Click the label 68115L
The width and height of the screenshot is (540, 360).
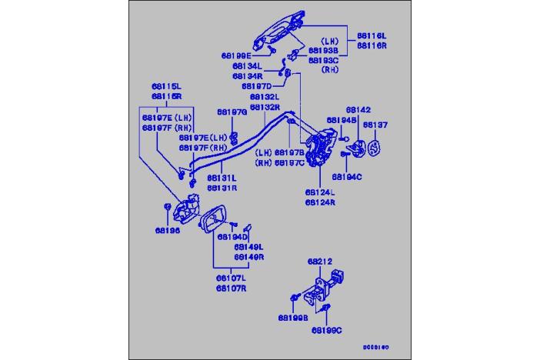coord(166,87)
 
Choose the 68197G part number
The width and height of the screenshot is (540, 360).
coord(232,112)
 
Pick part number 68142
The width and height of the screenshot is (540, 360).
coord(358,110)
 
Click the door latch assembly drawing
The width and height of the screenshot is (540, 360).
coord(321,147)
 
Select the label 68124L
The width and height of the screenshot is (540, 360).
coord(320,192)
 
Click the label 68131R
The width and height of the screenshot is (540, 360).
coord(222,187)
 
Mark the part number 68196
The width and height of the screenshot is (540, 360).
coord(166,230)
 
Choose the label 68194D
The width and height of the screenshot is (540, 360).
coord(232,237)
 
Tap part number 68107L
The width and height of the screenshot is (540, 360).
coord(231,278)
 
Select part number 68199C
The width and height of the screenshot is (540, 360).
coord(327,330)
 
